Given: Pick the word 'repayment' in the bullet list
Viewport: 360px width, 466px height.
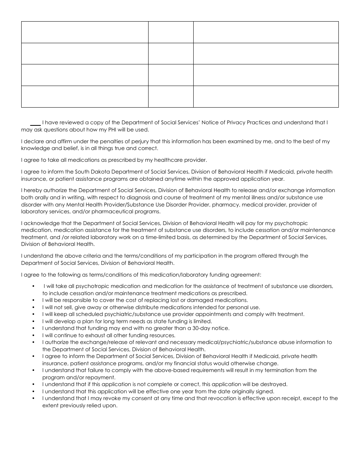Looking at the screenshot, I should point(103,377).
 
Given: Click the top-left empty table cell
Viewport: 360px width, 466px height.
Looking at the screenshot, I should point(85,32).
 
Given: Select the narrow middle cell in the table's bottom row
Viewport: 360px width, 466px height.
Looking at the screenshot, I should point(171,97).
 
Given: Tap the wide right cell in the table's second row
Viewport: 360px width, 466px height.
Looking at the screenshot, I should point(266,53).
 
